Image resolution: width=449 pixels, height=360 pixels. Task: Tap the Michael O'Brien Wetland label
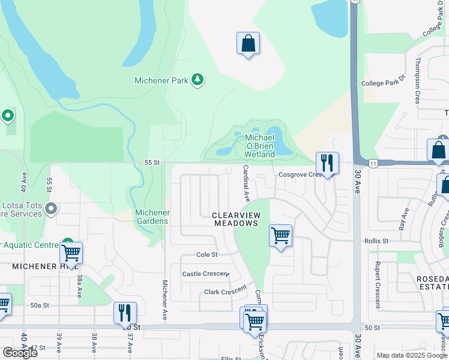coord(261,146)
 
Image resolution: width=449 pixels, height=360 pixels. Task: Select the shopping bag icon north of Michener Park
coord(248,44)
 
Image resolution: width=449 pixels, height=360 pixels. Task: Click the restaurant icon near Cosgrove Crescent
coord(327,163)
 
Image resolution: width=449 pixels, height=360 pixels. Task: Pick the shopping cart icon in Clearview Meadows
coord(280,236)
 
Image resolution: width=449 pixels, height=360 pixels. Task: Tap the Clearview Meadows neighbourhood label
coord(237,219)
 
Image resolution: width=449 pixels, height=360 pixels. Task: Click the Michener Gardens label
coord(152,217)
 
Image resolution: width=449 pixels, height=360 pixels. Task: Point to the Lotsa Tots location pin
coord(51,209)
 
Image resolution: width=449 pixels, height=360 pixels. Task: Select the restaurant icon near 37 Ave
coord(125,313)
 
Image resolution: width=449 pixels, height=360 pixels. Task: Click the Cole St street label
coord(207,255)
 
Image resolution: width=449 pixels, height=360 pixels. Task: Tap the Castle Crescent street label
coord(205,274)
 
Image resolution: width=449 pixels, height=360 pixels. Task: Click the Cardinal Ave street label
coord(246,184)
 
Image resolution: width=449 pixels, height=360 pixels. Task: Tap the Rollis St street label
coord(376,241)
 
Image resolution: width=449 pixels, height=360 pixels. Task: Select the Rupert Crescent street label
coord(377,284)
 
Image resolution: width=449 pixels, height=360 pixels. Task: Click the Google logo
coord(20,353)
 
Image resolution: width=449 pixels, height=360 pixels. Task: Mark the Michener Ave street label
coord(164,299)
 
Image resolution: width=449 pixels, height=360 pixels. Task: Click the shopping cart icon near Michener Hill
coord(71,254)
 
